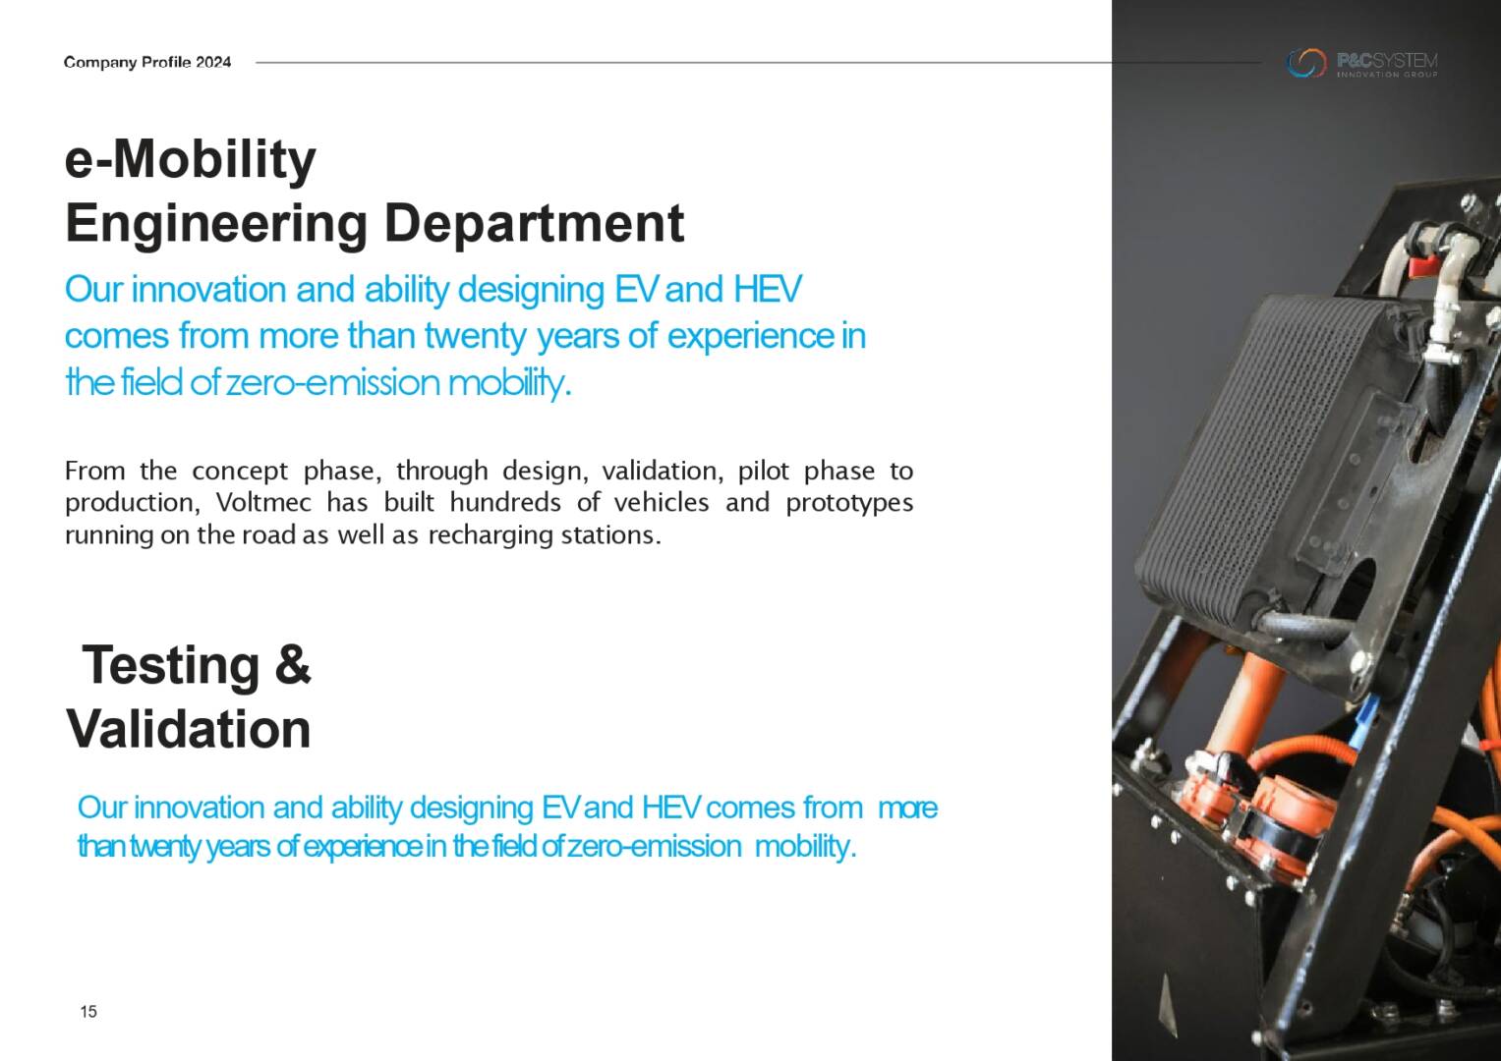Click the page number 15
click(88, 1012)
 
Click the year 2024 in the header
click(213, 62)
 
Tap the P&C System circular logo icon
click(1306, 63)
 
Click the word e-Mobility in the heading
click(191, 161)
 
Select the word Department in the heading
click(534, 223)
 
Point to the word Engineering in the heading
click(216, 225)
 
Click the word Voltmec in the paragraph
click(263, 502)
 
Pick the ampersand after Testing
click(292, 664)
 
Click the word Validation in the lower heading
click(189, 729)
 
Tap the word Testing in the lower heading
click(170, 666)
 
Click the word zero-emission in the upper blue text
click(333, 383)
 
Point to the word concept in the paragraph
click(240, 472)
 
